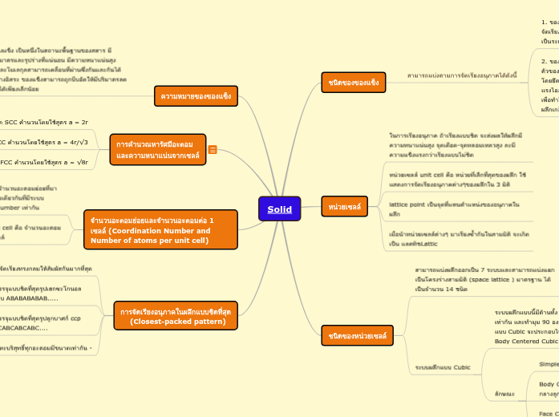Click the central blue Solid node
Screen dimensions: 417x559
279,209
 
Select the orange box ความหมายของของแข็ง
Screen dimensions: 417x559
196,96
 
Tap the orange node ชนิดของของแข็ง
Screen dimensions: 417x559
353,83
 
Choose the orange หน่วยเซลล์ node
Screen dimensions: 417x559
344,207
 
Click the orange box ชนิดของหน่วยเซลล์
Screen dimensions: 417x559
357,335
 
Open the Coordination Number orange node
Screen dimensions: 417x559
160,230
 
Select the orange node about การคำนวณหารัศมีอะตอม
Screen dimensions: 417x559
157,149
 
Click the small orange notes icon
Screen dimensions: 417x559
213,149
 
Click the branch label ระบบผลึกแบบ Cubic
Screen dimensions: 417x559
442,367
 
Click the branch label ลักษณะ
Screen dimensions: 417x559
504,393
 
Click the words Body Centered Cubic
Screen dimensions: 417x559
526,341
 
